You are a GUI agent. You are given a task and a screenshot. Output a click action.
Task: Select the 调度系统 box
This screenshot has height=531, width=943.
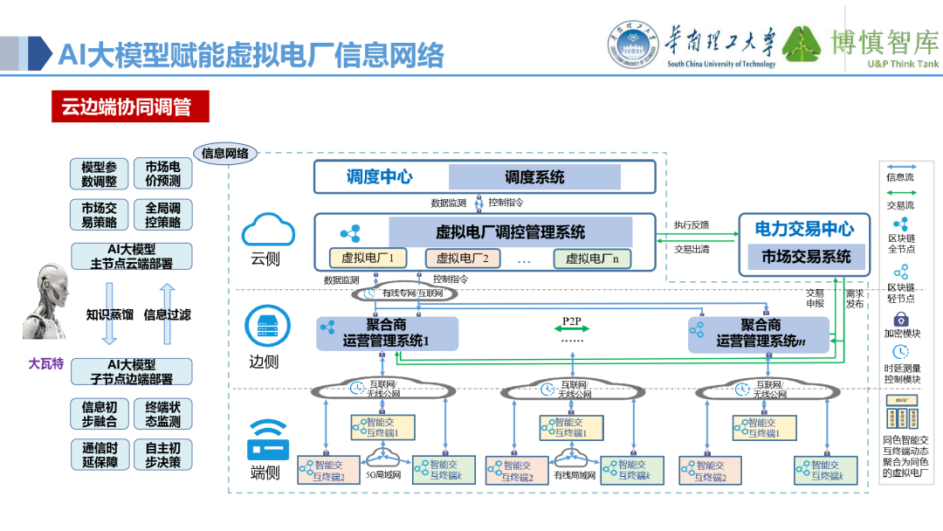[534, 177]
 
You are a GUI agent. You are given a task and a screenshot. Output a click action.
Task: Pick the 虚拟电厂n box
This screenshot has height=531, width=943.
[592, 259]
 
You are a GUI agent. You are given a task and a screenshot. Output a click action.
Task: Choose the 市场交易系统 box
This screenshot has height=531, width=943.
[805, 257]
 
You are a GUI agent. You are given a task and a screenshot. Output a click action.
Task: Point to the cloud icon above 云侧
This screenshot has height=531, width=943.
[265, 231]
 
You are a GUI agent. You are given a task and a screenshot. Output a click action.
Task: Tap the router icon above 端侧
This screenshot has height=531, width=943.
[265, 441]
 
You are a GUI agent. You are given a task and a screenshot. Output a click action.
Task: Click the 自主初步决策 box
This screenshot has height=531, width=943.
[162, 455]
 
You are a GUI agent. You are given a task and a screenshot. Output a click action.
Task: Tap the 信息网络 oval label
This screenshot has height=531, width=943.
[225, 154]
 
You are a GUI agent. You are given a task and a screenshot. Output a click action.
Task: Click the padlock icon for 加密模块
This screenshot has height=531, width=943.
[901, 320]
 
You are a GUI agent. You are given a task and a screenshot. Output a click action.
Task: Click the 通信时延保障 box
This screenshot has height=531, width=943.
[99, 455]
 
